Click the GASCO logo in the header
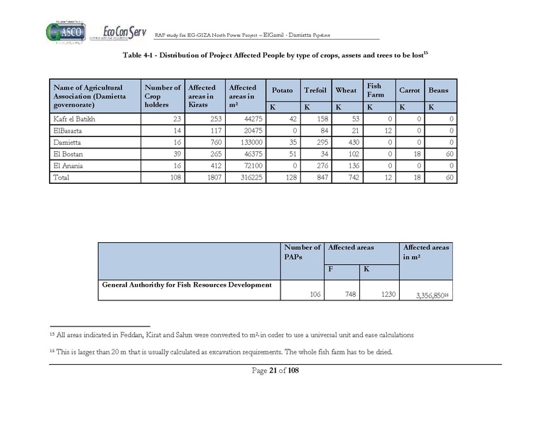(x=65, y=32)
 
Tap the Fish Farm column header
(x=374, y=90)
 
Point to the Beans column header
(x=438, y=91)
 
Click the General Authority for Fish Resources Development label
(x=187, y=285)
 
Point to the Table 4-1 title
(x=275, y=55)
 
